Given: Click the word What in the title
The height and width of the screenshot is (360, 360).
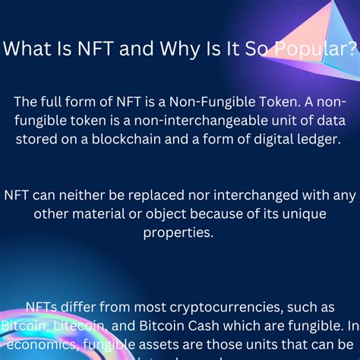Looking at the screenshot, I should (x=28, y=51).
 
